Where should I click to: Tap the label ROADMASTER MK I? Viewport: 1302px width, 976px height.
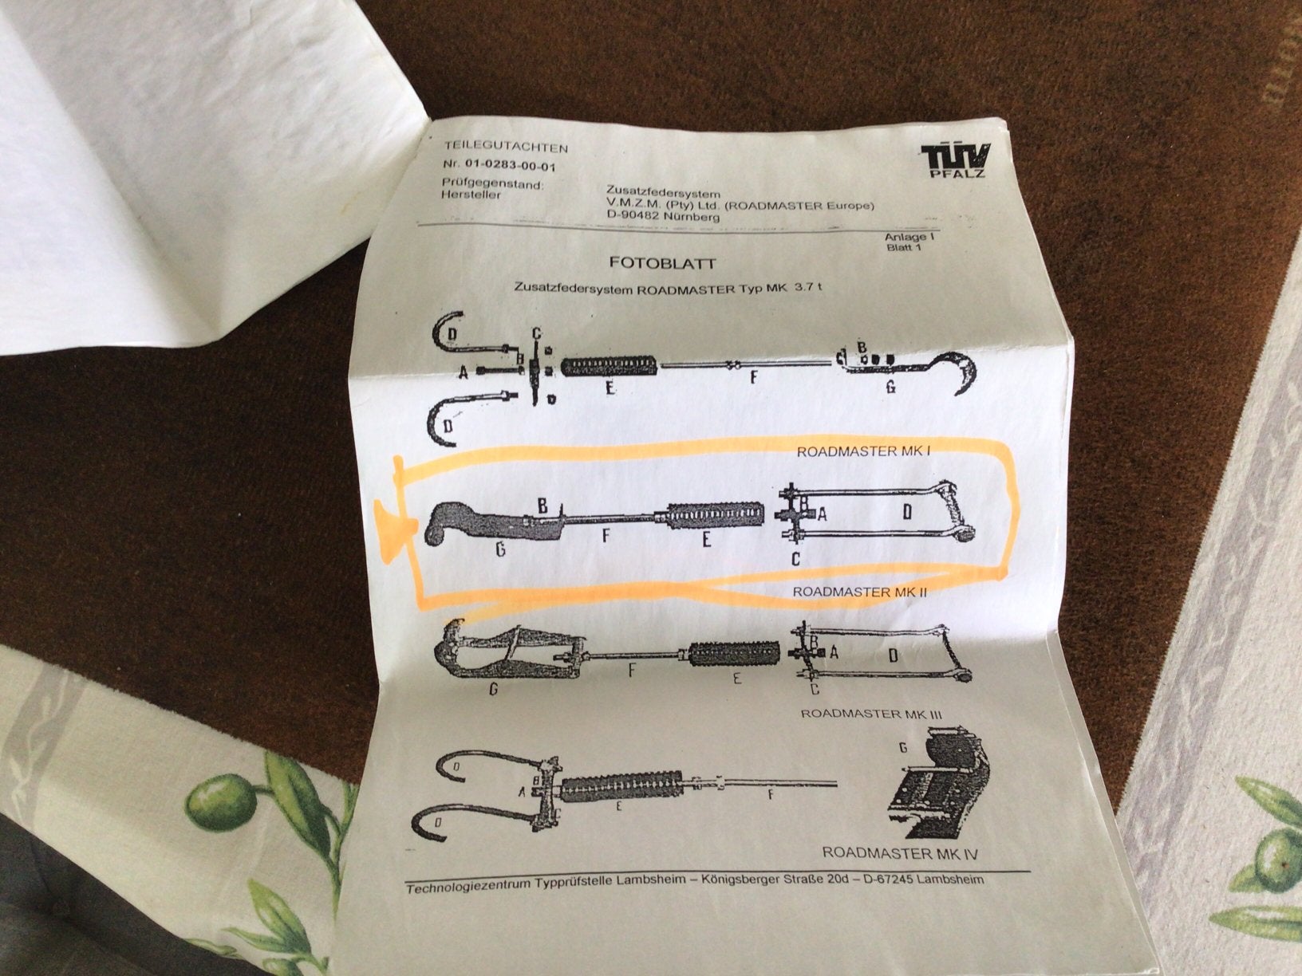tap(863, 451)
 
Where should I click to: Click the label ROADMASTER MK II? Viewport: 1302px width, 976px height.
tap(859, 592)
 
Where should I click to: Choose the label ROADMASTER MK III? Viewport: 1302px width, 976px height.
tap(871, 714)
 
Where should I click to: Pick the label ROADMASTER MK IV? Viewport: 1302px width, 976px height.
tap(899, 852)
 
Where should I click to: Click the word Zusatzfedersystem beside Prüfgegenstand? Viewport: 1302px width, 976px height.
tap(662, 194)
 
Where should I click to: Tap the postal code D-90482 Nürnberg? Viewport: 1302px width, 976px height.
tap(662, 217)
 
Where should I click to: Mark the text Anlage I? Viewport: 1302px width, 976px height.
tap(909, 237)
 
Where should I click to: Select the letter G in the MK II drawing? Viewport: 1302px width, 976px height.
tap(501, 550)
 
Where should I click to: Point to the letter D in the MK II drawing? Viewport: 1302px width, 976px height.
tap(907, 511)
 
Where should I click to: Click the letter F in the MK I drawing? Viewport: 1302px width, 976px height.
tap(753, 377)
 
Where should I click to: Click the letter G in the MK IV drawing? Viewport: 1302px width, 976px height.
tap(903, 749)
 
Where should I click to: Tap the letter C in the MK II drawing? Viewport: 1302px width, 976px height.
tap(796, 558)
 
